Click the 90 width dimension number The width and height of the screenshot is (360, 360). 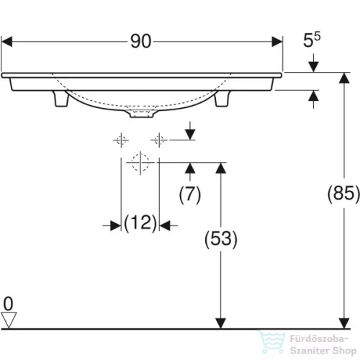tap(141, 42)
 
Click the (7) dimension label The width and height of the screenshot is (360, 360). tap(189, 192)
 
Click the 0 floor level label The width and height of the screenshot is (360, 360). tap(9, 302)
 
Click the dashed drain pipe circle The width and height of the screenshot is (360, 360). tap(140, 162)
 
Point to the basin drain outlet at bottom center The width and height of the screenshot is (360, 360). tap(141, 112)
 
